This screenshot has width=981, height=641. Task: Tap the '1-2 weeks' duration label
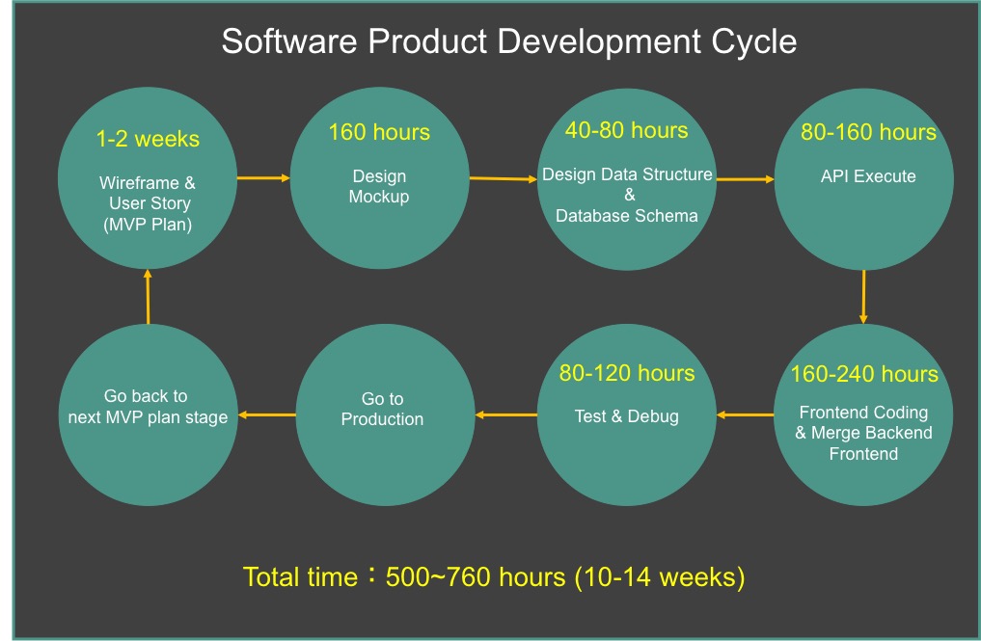tap(148, 139)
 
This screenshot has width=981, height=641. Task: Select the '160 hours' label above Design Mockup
tap(379, 132)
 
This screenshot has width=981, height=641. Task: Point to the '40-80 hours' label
tap(626, 130)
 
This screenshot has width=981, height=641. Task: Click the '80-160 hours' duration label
tap(868, 132)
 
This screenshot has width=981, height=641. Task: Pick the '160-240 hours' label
tap(864, 374)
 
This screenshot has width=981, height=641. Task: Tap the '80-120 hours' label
tap(627, 373)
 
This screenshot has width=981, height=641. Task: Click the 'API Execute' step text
tap(868, 176)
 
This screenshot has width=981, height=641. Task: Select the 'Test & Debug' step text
tap(627, 416)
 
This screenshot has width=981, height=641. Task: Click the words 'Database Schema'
tap(627, 216)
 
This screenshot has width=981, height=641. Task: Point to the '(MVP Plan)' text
tap(148, 225)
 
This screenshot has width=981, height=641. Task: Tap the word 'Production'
tap(382, 419)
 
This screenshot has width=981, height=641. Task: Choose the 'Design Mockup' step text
tap(379, 186)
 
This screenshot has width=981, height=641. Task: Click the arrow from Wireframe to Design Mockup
tap(263, 178)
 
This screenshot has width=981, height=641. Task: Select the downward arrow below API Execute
tap(863, 297)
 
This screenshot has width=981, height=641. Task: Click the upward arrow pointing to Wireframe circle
tap(148, 297)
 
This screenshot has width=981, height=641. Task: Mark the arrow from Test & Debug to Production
tap(506, 414)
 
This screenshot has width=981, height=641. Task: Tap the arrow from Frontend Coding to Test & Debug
tap(745, 414)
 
